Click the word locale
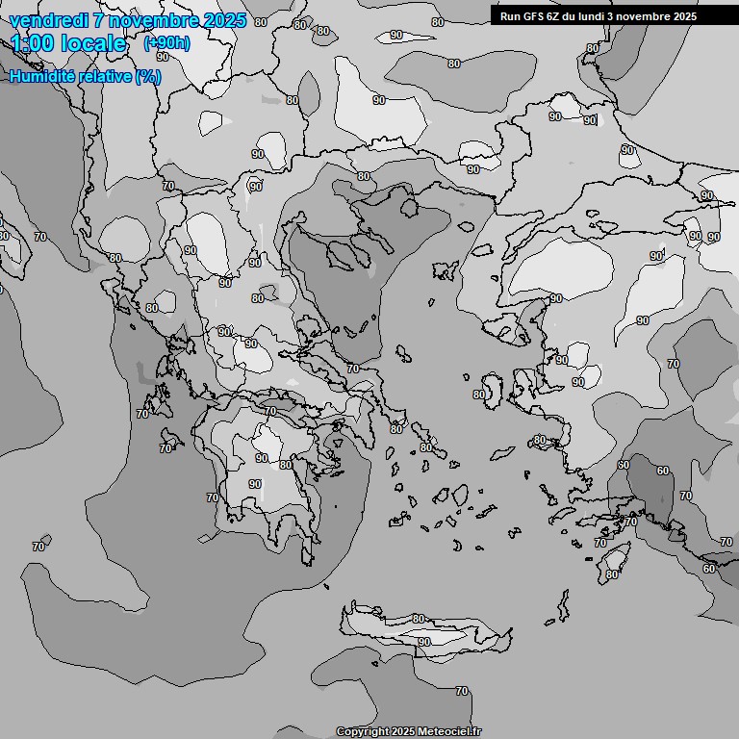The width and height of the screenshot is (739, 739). coord(93,43)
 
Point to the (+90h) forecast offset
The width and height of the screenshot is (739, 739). coord(166,42)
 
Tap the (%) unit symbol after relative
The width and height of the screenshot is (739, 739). coord(148,76)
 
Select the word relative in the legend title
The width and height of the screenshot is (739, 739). coord(105,76)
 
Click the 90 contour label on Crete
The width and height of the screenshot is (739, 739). coord(423,642)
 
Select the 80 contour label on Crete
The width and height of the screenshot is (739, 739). coord(418,619)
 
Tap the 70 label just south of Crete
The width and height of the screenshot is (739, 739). coord(462,691)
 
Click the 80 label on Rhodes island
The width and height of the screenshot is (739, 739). coord(612,574)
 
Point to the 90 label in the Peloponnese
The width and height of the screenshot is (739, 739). coord(260,458)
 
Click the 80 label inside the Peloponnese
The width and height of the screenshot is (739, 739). coord(285,465)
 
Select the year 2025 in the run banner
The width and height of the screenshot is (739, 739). coord(684,16)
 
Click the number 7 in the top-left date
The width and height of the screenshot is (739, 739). coord(99,20)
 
